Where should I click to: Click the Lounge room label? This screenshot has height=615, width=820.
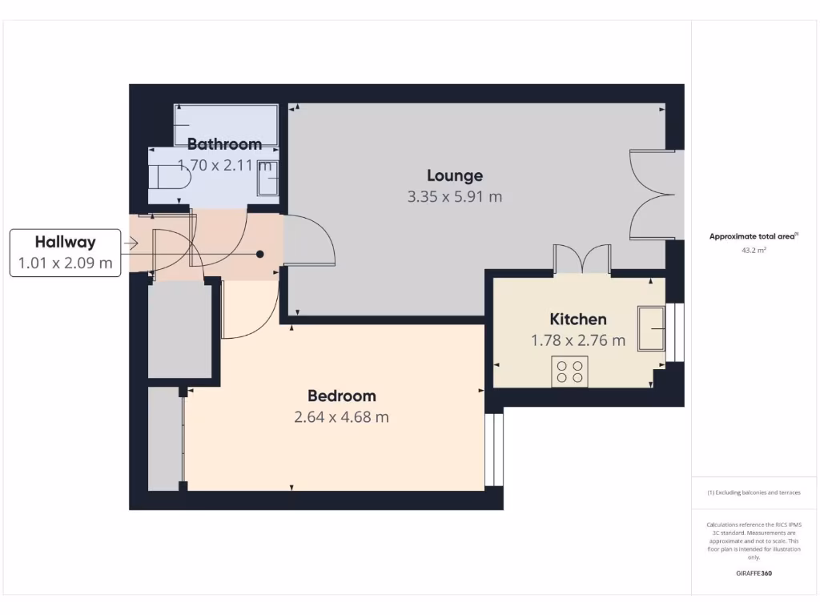(454, 175)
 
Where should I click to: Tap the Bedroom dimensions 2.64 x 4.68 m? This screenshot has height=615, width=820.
(342, 416)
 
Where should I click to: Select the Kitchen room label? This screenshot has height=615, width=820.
(577, 319)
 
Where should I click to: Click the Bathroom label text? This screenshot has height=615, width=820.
(224, 144)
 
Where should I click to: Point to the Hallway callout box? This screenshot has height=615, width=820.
(65, 252)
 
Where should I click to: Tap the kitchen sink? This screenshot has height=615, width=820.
(651, 328)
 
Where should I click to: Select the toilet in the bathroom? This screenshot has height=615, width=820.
(170, 176)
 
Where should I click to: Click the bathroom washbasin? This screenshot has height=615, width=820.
(267, 183)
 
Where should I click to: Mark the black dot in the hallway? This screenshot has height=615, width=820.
(259, 254)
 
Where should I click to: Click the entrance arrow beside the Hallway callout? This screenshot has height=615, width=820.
(131, 243)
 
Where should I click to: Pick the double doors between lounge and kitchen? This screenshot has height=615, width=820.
(583, 260)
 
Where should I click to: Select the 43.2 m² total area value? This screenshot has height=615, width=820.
(754, 250)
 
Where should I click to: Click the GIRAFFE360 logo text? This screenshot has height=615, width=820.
(754, 573)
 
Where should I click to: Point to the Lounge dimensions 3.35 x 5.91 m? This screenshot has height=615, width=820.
(454, 196)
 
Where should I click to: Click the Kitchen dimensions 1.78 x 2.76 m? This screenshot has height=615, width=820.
(577, 340)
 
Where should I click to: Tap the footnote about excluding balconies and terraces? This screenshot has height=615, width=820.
(754, 492)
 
